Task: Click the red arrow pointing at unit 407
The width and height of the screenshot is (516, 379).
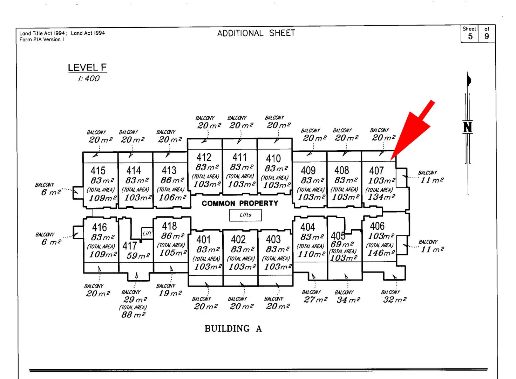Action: click(414, 130)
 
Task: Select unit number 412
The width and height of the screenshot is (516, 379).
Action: click(204, 157)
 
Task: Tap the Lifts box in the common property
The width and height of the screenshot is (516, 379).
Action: click(245, 215)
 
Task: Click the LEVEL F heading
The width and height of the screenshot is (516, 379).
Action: click(87, 67)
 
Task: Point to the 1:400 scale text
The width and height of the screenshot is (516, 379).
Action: click(89, 78)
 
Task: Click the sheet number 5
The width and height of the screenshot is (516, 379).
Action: click(470, 36)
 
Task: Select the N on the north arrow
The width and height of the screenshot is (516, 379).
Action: click(467, 127)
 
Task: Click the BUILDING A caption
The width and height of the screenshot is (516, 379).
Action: click(233, 329)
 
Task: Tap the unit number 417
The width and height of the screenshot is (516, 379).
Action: click(129, 246)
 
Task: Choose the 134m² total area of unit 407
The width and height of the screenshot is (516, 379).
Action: click(381, 197)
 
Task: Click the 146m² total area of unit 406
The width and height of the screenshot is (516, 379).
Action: click(381, 253)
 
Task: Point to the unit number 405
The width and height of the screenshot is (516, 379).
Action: click(338, 236)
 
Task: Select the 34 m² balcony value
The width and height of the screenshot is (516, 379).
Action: click(348, 300)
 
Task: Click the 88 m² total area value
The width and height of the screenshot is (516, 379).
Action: click(133, 315)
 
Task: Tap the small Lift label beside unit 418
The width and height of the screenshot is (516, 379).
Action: click(147, 233)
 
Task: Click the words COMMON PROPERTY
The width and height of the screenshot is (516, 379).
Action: click(240, 203)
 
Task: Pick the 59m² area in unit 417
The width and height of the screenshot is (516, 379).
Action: click(138, 256)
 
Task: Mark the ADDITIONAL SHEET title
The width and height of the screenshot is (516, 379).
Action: click(256, 33)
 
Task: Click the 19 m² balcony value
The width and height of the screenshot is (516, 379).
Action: click(170, 293)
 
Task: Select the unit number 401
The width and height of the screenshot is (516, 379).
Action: click(203, 240)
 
